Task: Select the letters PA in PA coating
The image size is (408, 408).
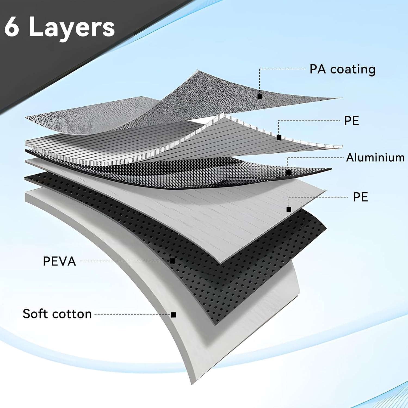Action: click(x=317, y=69)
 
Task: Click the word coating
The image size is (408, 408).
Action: click(x=353, y=70)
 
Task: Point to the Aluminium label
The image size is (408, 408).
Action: click(x=375, y=157)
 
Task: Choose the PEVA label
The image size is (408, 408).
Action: click(x=59, y=261)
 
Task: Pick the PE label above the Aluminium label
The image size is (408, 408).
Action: click(x=351, y=121)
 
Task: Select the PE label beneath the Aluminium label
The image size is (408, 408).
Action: click(x=360, y=197)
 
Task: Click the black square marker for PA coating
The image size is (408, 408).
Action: click(x=260, y=96)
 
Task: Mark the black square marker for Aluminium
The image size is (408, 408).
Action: click(x=288, y=173)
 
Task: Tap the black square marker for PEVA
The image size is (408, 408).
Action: click(x=172, y=261)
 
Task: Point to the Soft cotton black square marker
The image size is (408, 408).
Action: click(x=174, y=315)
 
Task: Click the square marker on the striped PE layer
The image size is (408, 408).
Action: click(x=279, y=138)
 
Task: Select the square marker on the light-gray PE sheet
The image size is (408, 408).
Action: click(x=289, y=209)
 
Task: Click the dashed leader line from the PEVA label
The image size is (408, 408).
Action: click(x=125, y=261)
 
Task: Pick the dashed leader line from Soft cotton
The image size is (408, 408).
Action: click(x=133, y=315)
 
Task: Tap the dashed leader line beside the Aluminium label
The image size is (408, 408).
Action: click(x=316, y=158)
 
